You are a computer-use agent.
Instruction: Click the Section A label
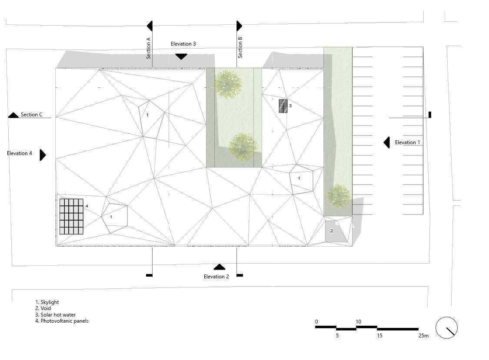click(x=148, y=48)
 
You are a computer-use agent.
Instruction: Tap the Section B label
click(x=240, y=47)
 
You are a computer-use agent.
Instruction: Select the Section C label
click(x=32, y=115)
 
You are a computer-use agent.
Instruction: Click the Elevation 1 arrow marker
click(x=386, y=142)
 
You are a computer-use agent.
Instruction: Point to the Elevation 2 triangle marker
click(x=220, y=267)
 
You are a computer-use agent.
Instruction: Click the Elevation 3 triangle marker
click(x=181, y=56)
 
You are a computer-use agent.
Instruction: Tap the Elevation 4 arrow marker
click(x=43, y=155)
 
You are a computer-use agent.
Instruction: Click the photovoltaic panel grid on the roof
click(x=71, y=217)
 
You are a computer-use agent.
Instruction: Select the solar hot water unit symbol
click(x=283, y=106)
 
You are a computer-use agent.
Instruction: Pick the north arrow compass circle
click(x=447, y=327)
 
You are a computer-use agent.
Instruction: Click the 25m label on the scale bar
click(x=423, y=336)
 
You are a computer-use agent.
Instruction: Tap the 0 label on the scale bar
click(x=316, y=321)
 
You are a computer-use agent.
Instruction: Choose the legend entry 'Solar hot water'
click(x=55, y=315)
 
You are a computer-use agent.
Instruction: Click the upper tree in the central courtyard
click(x=228, y=84)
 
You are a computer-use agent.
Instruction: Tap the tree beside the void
click(x=339, y=196)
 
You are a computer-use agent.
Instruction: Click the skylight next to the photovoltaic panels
click(x=115, y=218)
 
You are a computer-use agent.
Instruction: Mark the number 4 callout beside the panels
click(x=87, y=206)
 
